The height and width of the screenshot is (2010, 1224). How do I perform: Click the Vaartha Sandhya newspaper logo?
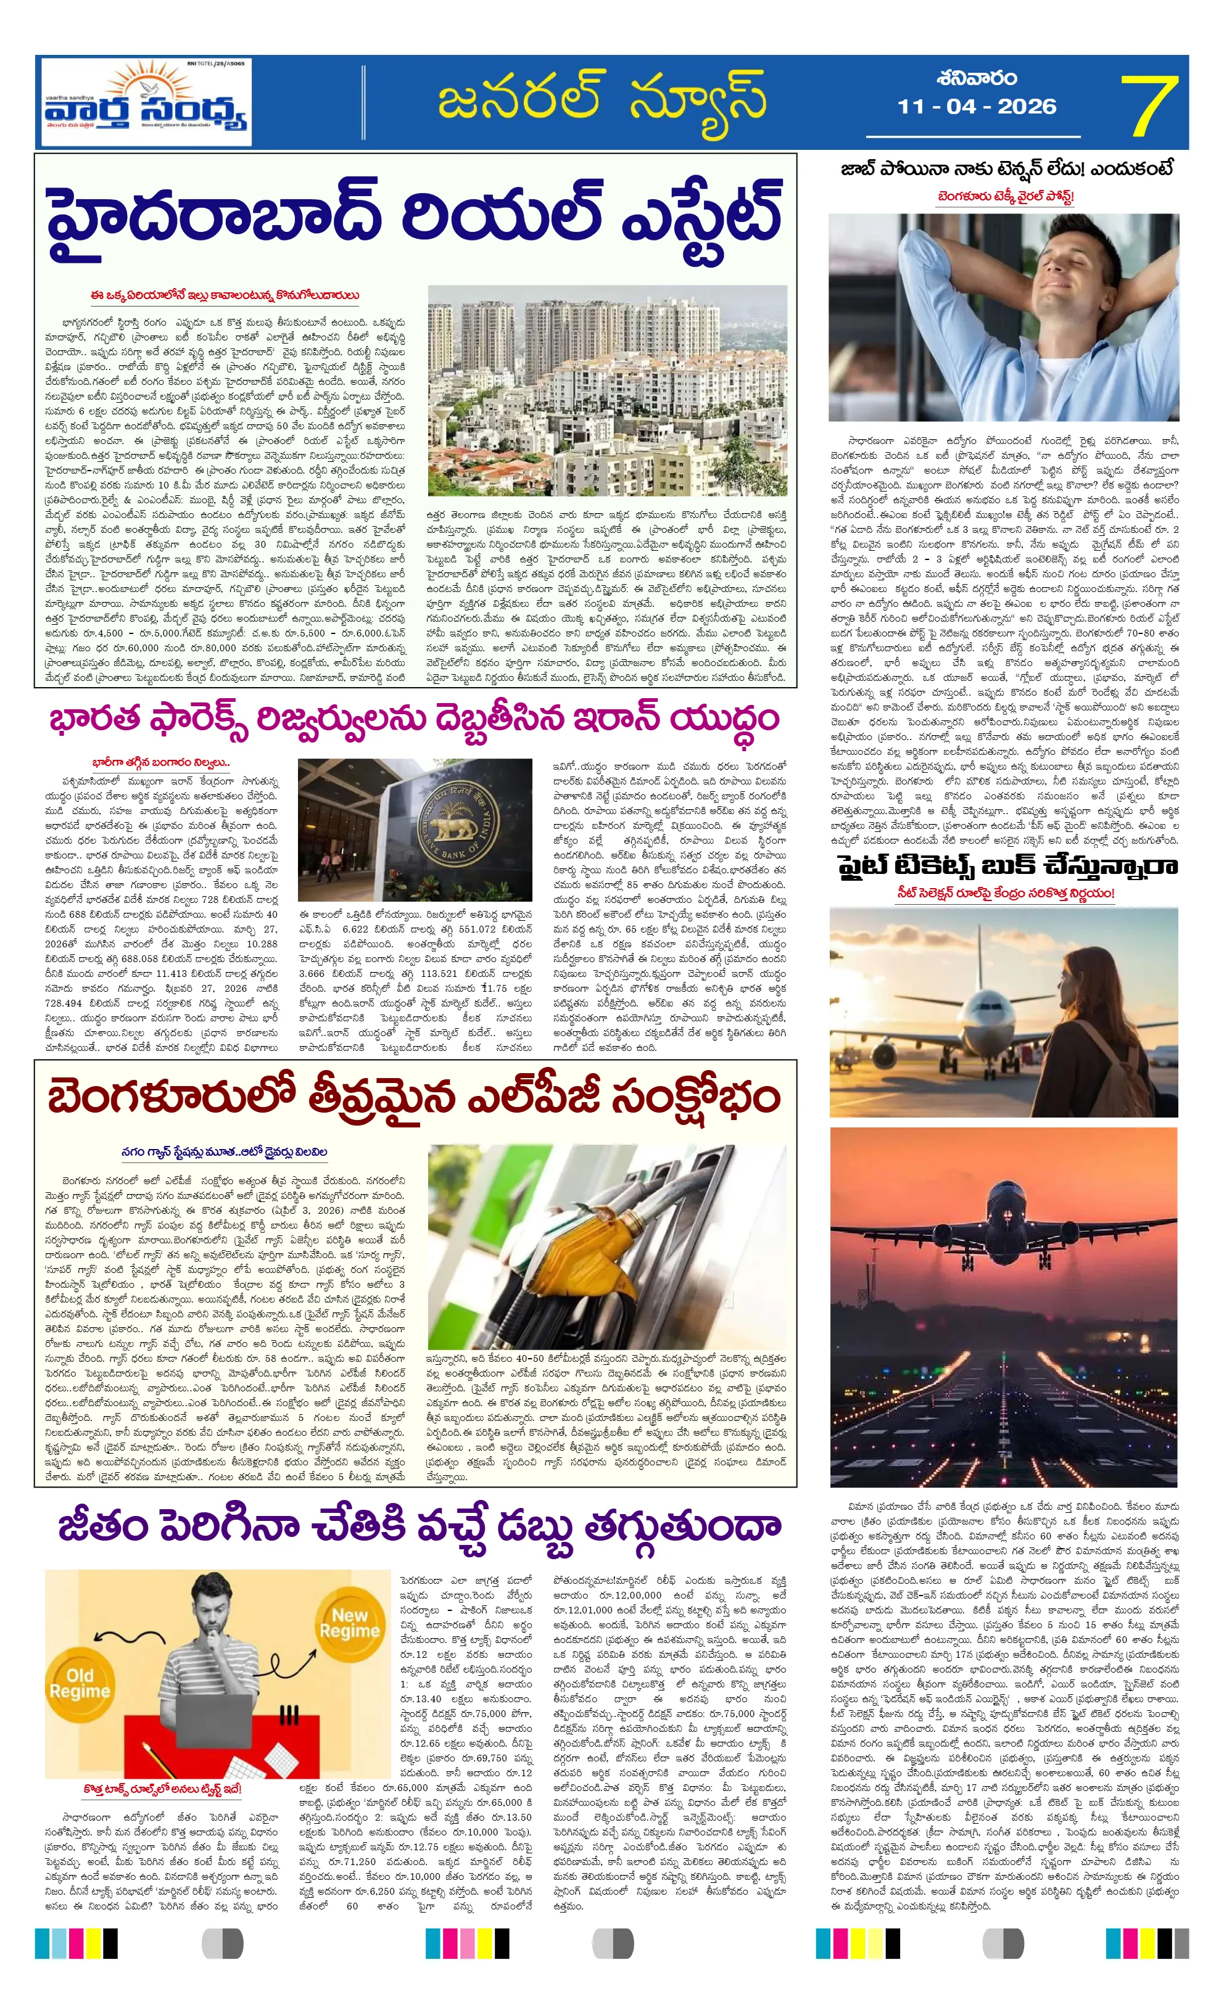coord(146,104)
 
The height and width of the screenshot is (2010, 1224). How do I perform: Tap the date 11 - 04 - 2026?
coord(977,107)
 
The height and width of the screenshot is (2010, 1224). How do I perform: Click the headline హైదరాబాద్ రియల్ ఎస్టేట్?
coord(414,218)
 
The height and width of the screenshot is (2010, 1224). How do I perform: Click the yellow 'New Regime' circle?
coord(349,1624)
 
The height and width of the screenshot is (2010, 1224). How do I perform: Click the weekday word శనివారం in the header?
coord(977,78)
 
